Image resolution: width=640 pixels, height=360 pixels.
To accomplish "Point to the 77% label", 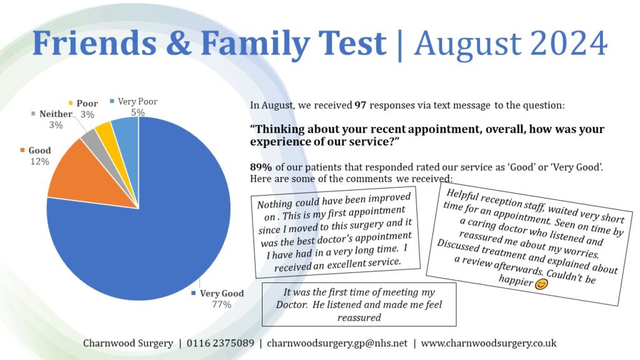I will (x=221, y=305).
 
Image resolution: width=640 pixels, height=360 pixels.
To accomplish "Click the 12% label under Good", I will (x=39, y=162).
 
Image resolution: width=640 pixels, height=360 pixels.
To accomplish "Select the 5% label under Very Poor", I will (x=137, y=112).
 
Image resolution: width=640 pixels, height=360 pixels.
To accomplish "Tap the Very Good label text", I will (x=222, y=293).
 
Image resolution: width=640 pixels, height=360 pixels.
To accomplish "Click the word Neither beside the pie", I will (x=55, y=114).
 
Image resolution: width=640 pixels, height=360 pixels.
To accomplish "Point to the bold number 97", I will (x=360, y=106).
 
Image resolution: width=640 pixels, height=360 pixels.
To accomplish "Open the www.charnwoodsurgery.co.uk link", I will (x=489, y=343).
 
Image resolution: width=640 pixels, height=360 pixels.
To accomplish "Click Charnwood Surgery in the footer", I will (x=127, y=343).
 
